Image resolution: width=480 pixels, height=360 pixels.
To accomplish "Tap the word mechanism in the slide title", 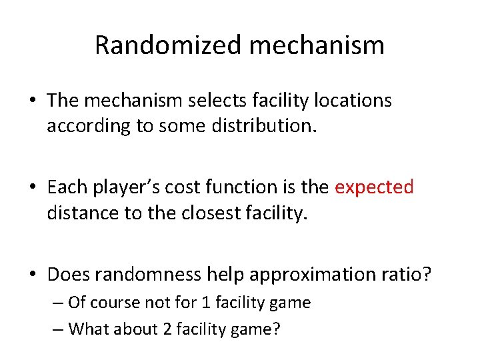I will [x=317, y=45].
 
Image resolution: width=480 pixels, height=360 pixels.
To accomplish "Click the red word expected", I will [x=374, y=187].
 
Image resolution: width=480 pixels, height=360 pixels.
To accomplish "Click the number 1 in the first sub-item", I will [x=205, y=303].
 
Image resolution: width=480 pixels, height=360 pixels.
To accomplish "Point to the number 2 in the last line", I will [x=167, y=329].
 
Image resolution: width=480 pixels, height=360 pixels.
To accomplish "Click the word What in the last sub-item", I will [x=87, y=329].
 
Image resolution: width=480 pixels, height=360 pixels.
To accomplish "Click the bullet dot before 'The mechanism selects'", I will [x=33, y=101].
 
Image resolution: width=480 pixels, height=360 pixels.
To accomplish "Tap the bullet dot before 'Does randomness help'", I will [x=33, y=275].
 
